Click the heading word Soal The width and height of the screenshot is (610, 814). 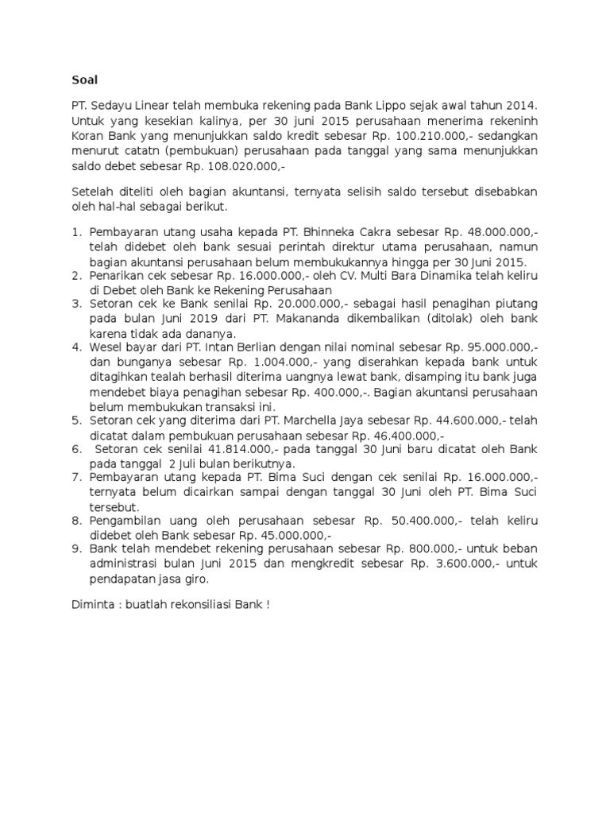(x=83, y=79)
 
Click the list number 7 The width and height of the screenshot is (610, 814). (x=76, y=477)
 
